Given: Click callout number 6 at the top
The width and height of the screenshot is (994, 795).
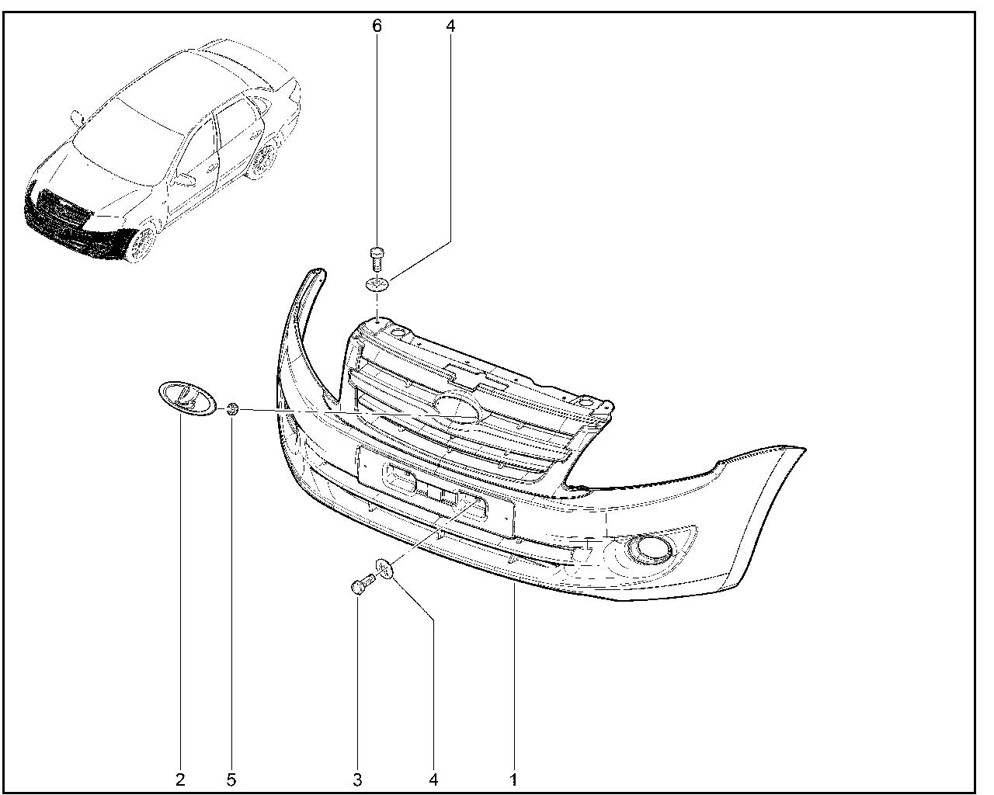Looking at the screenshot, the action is pos(377,26).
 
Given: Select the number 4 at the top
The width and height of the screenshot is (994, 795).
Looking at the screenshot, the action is pos(451,26).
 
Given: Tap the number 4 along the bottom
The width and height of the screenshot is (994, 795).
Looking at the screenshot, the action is pos(433,780).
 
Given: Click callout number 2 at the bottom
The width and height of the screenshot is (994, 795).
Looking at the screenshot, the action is pos(180,780).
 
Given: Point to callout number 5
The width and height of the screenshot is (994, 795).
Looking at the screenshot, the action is pos(231,780).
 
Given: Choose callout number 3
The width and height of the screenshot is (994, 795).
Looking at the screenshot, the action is pos(357,780).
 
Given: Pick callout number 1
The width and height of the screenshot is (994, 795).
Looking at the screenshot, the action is pos(513,780).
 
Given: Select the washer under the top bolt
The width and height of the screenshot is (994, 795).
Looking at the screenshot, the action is pos(377,284).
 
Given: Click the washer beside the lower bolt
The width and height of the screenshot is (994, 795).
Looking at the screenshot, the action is pos(384,568).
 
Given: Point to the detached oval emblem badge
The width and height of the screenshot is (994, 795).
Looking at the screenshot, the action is pos(187,398).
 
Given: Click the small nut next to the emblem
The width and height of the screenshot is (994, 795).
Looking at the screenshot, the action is pos(233,409).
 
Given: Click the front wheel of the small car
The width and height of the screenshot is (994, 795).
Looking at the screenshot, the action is pos(142,244).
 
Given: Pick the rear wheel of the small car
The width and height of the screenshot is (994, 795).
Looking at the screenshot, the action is pos(264,159).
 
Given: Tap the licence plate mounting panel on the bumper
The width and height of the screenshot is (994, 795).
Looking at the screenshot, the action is pos(436,491).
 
